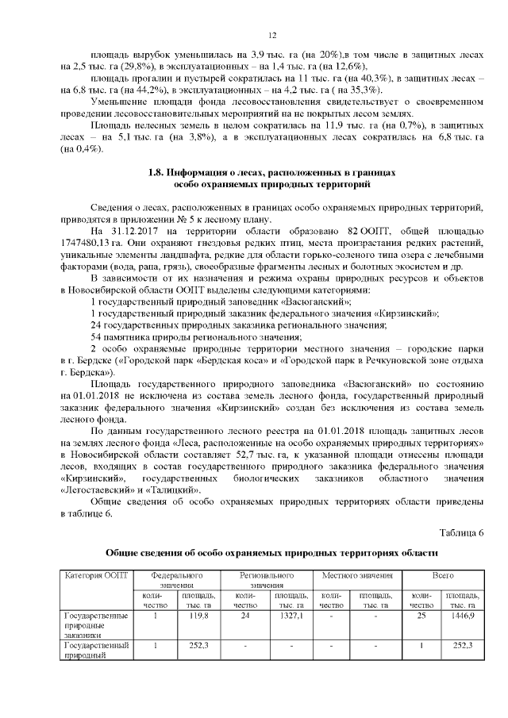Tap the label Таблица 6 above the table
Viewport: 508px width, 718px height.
(460, 531)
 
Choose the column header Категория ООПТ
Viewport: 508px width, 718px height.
(95, 574)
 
